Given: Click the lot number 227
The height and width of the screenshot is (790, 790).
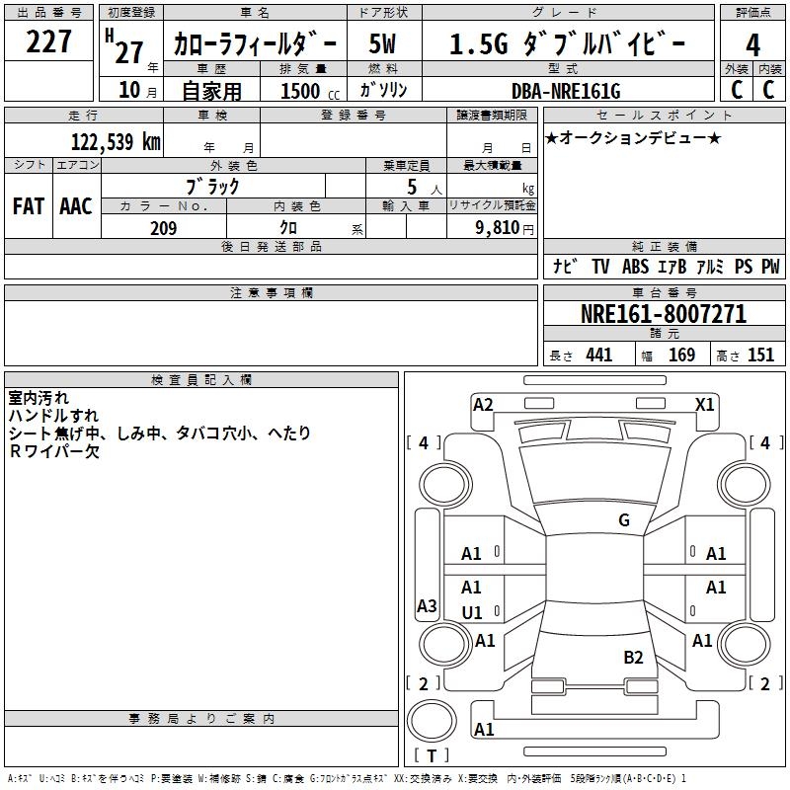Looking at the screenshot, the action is [48, 41].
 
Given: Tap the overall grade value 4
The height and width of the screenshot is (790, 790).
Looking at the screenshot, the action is [752, 45].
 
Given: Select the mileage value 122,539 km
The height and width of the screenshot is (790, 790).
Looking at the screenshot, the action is [116, 141].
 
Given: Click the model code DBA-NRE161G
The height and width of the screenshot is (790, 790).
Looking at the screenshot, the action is [566, 91].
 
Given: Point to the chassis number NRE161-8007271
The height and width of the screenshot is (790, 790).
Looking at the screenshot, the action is [664, 314].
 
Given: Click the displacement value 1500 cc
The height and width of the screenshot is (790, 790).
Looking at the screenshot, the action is [310, 91].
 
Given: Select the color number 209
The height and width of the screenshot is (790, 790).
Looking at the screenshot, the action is [163, 228].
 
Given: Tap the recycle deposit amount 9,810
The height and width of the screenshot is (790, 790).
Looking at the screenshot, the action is [498, 228].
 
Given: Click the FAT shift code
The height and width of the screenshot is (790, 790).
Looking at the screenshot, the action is [29, 206].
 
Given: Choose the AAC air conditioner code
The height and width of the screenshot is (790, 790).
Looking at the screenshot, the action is [76, 206].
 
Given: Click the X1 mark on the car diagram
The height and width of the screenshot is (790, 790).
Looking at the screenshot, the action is [704, 405].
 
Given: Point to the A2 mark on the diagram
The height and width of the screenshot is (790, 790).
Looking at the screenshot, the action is [483, 405].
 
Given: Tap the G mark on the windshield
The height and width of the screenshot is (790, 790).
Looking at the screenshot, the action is [624, 520].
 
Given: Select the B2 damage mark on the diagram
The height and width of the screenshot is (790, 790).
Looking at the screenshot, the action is [633, 658].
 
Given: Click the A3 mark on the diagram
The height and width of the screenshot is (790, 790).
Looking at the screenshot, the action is [427, 605].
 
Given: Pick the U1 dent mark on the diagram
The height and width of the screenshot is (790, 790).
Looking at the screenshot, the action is [472, 613].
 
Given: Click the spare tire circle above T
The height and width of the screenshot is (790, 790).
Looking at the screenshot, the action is [432, 721].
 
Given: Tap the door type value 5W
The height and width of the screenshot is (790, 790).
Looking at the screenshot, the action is [382, 43].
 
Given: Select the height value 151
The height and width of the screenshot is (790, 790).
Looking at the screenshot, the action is [760, 355].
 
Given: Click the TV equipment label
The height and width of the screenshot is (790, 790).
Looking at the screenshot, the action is [600, 267].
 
